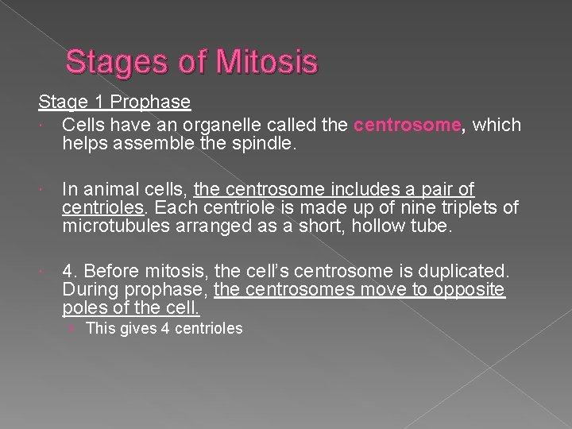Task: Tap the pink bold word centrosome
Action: pyautogui.click(x=407, y=125)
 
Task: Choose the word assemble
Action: pyautogui.click(x=160, y=143)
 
